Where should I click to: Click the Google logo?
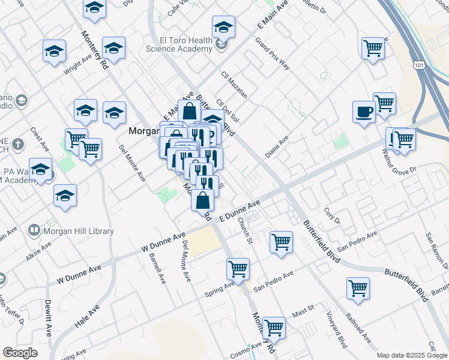click(x=20, y=353)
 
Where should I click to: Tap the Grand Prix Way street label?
click(x=273, y=53)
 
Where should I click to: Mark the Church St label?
click(x=244, y=230)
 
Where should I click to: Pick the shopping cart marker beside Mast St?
click(x=274, y=327)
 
